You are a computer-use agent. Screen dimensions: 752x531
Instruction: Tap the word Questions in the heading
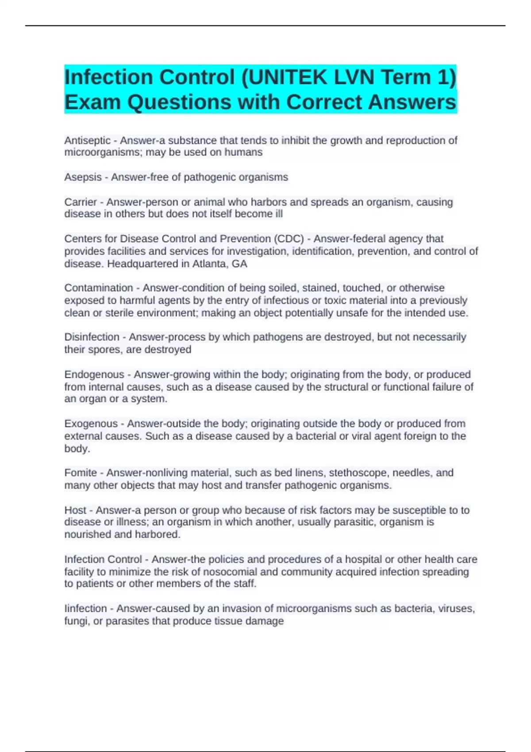pos(179,102)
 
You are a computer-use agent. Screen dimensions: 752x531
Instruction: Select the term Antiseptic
pos(87,141)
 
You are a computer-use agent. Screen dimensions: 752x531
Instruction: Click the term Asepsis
pos(83,177)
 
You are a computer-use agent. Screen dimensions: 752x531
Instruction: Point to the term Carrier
pos(80,202)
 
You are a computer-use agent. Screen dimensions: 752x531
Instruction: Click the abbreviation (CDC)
pos(289,239)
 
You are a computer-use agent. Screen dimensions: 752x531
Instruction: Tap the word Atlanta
pos(212,264)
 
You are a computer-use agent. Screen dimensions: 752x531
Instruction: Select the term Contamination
pos(98,288)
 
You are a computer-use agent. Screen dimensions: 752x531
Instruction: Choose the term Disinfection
pos(92,337)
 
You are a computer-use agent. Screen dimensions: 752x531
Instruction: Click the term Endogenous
pos(94,375)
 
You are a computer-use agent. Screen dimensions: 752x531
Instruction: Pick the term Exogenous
pos(91,424)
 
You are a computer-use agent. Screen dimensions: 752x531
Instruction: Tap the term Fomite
pos(80,473)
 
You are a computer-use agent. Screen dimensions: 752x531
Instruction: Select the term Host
pos(75,510)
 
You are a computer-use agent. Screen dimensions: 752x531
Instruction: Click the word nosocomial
pos(231,572)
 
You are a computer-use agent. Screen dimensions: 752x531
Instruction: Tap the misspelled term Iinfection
pos(85,609)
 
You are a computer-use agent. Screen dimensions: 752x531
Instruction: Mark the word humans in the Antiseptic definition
pos(243,153)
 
